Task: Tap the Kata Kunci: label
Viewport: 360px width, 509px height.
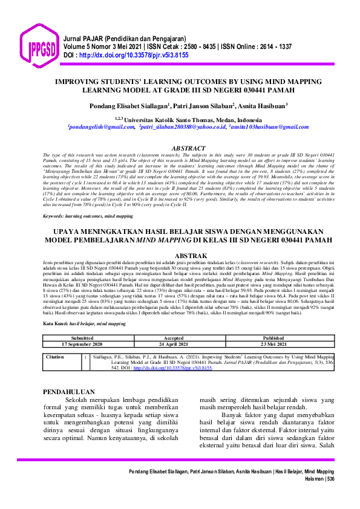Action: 56,324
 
